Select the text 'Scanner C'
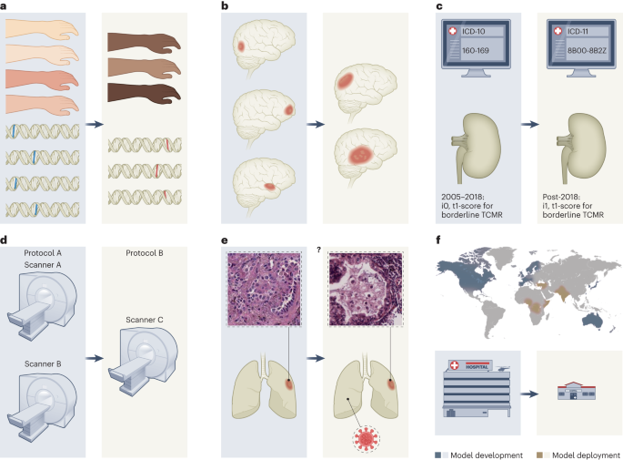(146, 320)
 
